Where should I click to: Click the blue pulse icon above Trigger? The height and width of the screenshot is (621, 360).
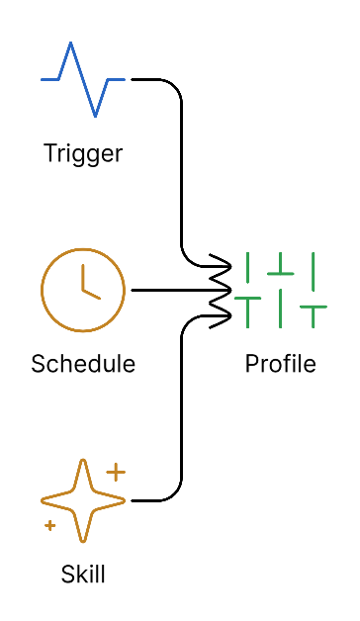point(83,78)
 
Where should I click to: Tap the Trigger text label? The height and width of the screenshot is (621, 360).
point(83,153)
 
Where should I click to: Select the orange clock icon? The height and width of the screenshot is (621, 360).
point(83,290)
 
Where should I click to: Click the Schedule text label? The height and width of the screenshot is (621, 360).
point(83,363)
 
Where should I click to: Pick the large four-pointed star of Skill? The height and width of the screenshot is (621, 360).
point(83,500)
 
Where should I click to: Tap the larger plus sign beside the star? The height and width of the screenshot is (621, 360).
point(116,472)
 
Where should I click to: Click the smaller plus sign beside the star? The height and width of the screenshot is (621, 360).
point(49,525)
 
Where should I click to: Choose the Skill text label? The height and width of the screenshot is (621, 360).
point(83,574)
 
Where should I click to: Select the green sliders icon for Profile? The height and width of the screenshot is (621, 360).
point(281,290)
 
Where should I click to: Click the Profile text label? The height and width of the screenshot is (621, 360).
point(281,363)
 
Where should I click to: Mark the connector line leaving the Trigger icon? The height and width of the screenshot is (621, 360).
point(181,168)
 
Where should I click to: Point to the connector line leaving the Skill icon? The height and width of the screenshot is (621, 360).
point(181,415)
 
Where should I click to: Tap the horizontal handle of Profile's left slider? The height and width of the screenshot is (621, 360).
point(248,298)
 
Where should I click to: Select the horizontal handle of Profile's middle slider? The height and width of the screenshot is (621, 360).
point(281,272)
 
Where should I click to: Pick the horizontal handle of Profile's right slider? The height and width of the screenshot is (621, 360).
point(314,309)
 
